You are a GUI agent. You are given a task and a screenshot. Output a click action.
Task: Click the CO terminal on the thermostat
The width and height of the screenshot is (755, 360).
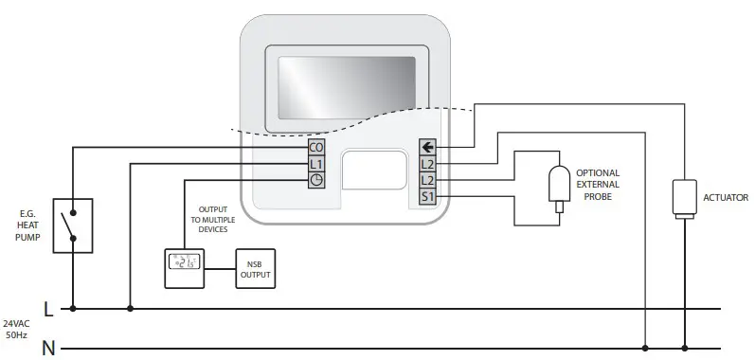tap(316, 148)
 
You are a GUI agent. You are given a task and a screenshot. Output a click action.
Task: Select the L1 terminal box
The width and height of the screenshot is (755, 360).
tap(316, 164)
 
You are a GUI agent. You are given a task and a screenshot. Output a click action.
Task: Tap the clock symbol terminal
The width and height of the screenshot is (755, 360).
tap(316, 180)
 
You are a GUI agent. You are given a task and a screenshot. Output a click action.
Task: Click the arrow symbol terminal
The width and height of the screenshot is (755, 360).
tap(427, 148)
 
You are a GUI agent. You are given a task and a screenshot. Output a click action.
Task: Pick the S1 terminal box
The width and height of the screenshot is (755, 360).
tap(427, 196)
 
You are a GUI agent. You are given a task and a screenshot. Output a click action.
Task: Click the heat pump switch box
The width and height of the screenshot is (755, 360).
tap(73, 225)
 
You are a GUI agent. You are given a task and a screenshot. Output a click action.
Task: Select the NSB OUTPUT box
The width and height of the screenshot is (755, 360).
tap(254, 269)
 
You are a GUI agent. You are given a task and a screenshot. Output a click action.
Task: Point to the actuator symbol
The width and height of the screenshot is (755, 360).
tap(683, 197)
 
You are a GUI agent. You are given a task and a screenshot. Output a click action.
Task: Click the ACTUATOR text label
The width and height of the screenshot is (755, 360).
tap(725, 198)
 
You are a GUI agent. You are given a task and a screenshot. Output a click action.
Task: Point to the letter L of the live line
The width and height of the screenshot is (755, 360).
tap(47, 309)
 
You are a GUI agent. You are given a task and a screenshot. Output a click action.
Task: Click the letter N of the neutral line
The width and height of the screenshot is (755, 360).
tap(47, 348)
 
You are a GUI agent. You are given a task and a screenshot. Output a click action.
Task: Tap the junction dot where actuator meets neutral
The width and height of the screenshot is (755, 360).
tap(683, 347)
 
